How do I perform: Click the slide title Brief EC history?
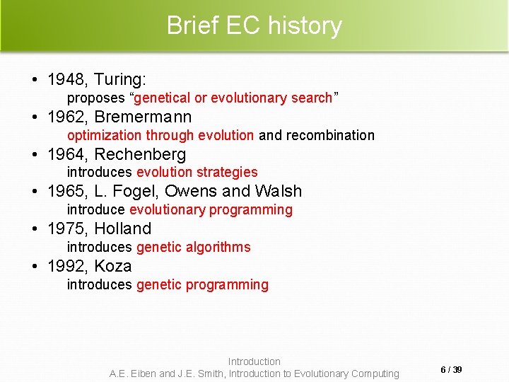coord(254,25)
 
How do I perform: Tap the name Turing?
coord(119,79)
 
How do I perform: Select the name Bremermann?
coord(143,117)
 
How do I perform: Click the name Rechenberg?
coord(140,154)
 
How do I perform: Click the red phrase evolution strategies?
coord(197,172)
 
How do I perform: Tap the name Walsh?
coord(278,192)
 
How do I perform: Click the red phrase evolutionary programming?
coord(211,209)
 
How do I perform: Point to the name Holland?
coord(122,229)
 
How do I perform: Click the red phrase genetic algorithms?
coord(193,247)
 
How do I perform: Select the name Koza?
coord(113,267)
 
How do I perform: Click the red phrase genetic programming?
coord(202,284)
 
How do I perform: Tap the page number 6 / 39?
coord(451,370)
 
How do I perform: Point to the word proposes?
coord(95,98)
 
